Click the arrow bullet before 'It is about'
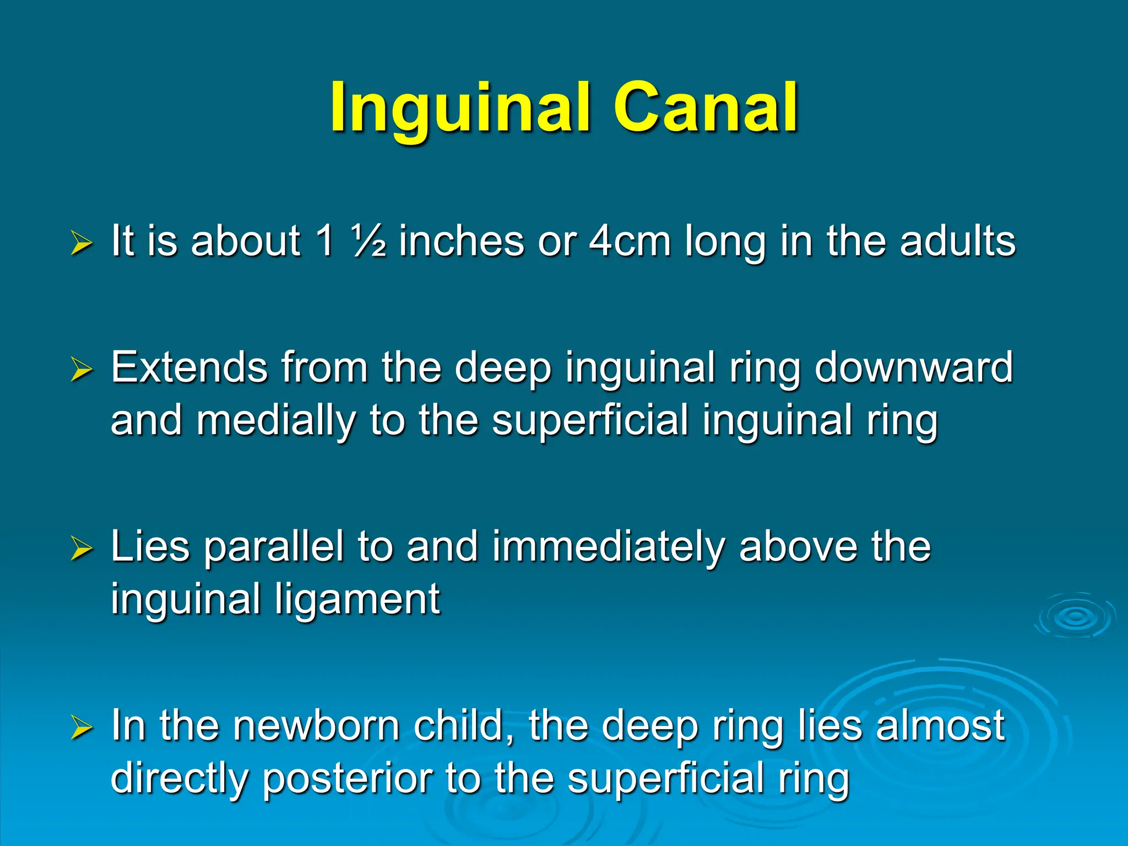click(82, 243)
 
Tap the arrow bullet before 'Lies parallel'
click(82, 549)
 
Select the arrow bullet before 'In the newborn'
click(82, 728)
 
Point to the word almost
click(941, 725)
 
